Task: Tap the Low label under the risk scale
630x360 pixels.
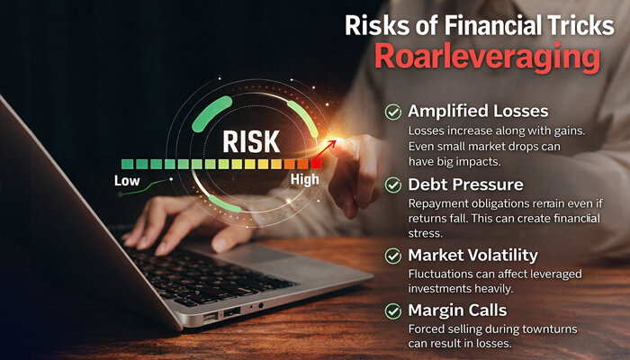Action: click(x=128, y=181)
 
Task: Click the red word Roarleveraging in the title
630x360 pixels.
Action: click(x=486, y=56)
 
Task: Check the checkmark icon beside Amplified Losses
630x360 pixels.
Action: click(x=393, y=112)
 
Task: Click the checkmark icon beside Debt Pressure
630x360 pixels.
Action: click(x=393, y=184)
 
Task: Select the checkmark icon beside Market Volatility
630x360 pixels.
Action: click(x=393, y=256)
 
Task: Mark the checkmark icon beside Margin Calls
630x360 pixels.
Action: click(x=393, y=310)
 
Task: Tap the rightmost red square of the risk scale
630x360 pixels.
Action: click(x=316, y=164)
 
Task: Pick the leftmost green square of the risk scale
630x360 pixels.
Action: click(x=127, y=164)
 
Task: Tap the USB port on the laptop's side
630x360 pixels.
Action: click(x=231, y=312)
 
